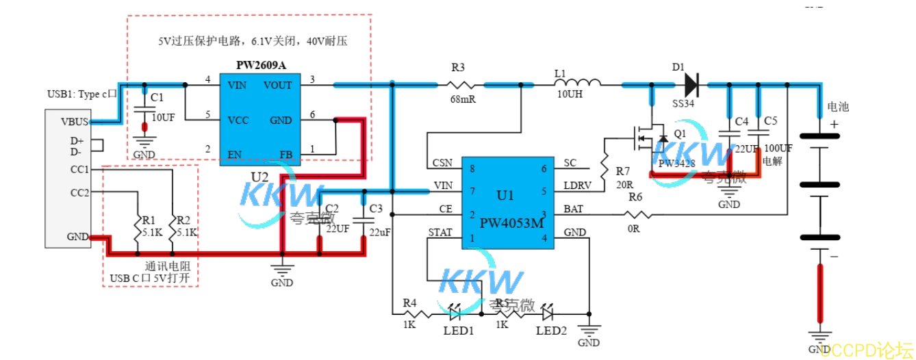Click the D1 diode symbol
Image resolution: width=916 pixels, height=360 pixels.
[691, 86]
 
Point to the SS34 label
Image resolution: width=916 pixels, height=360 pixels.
[683, 103]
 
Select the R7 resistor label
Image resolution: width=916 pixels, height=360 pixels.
[622, 170]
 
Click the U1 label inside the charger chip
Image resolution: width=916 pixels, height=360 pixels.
[505, 195]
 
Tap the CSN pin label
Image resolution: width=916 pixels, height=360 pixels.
[442, 164]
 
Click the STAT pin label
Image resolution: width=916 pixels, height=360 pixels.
[440, 233]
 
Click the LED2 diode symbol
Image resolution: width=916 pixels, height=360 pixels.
[548, 314]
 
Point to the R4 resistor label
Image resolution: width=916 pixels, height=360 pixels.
[409, 303]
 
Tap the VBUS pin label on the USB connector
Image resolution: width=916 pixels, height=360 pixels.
[75, 123]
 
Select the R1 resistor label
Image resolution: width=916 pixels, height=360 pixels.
[149, 220]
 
